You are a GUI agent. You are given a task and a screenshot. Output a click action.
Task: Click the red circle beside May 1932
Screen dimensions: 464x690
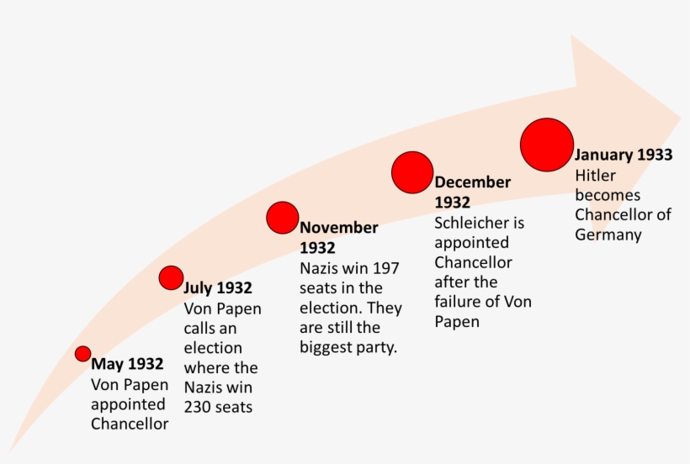[82, 354]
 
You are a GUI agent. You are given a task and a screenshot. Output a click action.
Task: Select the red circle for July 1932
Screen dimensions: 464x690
[171, 277]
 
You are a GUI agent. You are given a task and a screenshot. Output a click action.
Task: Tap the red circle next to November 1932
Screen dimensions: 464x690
[283, 218]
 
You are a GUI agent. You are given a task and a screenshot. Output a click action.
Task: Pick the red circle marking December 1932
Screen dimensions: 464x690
[412, 172]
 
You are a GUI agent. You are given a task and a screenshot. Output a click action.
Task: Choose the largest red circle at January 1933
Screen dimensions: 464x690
[547, 145]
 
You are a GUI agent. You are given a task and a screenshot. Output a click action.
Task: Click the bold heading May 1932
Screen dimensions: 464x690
[127, 364]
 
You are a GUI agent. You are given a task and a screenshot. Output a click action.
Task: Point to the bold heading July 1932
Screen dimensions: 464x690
[218, 288]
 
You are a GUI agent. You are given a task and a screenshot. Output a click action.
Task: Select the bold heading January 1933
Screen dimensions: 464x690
[624, 155]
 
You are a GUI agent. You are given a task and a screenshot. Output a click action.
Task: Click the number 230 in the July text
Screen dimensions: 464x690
[199, 407]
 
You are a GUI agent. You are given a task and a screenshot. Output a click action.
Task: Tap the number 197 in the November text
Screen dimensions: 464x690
[383, 268]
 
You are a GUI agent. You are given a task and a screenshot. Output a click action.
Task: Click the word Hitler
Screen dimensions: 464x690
[596, 175]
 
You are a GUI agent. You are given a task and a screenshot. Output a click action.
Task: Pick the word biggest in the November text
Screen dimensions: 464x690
[328, 347]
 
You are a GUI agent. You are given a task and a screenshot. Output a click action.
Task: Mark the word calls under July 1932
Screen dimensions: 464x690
[203, 328]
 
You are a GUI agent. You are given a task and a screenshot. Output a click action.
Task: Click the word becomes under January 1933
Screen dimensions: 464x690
[608, 195]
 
